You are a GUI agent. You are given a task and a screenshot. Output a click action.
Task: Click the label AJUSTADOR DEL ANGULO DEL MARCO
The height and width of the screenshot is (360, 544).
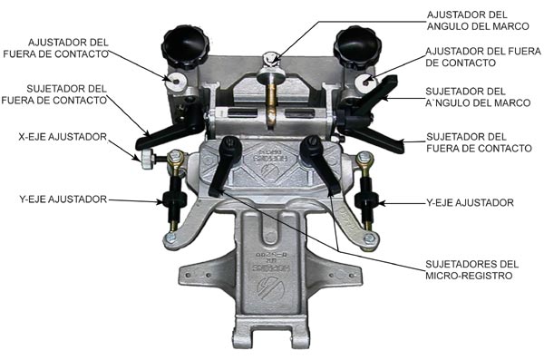coord(478,21)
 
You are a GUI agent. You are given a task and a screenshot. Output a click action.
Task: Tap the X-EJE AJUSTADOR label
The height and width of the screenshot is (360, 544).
coord(63,137)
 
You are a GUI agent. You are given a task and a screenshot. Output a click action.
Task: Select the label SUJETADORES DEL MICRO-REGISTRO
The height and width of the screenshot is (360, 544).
coord(471,269)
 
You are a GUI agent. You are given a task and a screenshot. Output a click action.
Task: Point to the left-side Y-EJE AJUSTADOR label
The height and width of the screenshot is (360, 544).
coord(63,199)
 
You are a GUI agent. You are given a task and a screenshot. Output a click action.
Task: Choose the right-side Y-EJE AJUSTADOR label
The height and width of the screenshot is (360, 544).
coord(470,203)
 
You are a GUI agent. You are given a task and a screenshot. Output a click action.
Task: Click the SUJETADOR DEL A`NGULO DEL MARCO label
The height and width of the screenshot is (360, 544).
coord(478,97)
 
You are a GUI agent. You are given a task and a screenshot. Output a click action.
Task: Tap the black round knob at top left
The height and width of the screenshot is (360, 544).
coord(185,46)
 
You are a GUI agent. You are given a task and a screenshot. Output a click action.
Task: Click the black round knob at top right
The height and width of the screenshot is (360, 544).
coord(357,46)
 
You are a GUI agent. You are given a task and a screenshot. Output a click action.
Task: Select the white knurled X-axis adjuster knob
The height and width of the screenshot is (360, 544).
coord(147,160)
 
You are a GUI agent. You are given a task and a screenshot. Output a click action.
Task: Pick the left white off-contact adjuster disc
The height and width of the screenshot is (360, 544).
coord(175,82)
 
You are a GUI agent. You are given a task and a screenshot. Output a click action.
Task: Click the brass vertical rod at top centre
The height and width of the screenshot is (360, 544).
coord(271,101)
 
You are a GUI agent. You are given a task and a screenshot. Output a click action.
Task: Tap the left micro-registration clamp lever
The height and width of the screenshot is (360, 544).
coord(226,166)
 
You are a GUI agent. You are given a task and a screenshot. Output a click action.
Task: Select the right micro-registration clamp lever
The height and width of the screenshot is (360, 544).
coord(319,165)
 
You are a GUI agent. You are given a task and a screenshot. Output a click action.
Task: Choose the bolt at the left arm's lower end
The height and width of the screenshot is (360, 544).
coord(170,238)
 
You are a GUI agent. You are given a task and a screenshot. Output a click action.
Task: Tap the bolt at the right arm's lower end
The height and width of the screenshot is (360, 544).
coord(369,238)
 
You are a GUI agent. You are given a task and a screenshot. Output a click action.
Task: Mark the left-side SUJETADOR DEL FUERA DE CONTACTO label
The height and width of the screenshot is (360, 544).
coord(54,94)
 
